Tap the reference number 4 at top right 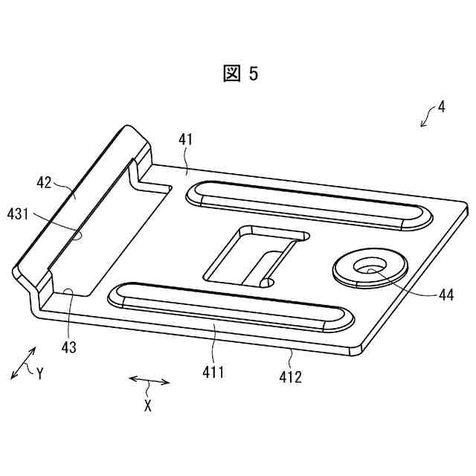[x=442, y=106]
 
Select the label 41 [x=184, y=139]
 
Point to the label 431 [x=19, y=214]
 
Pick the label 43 [x=68, y=346]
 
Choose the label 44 [x=446, y=295]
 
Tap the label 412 [x=290, y=377]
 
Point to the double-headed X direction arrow [x=149, y=382]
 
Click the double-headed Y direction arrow [x=22, y=364]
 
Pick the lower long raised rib [x=231, y=305]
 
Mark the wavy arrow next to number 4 [x=427, y=117]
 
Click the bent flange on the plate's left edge [x=82, y=201]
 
